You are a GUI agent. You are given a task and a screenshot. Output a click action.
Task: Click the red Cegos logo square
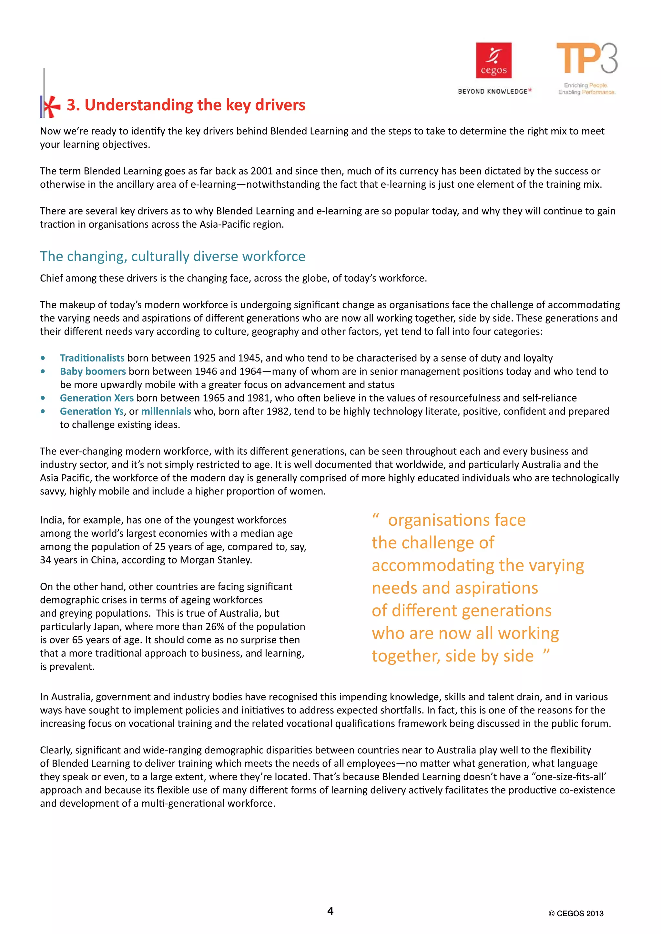[494, 60]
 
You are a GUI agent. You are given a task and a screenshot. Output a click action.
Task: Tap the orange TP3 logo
[586, 59]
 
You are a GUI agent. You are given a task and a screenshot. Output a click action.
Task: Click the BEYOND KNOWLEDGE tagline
[493, 92]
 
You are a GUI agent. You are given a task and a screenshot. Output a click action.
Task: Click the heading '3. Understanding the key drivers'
[186, 105]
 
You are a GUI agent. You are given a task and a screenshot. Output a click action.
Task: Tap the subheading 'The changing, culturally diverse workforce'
[173, 256]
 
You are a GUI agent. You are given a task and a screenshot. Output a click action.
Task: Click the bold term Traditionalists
[92, 358]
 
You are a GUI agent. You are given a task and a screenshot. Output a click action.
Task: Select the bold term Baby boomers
[93, 372]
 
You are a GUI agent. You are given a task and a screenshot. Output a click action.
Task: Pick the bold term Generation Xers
[97, 398]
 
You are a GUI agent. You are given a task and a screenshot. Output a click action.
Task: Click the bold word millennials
[166, 411]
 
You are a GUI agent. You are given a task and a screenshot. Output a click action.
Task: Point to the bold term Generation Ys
[92, 411]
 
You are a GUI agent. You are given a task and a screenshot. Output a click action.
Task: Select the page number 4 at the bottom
[330, 911]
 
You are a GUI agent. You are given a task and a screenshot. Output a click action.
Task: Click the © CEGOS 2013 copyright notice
[576, 914]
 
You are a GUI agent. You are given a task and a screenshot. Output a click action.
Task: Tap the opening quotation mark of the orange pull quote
[376, 517]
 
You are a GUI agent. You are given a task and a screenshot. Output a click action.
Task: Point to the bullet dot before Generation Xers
[43, 398]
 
